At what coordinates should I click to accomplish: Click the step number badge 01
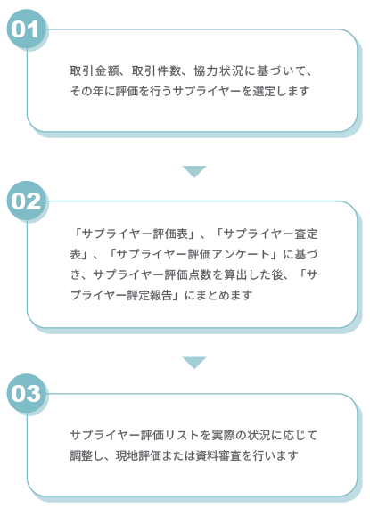coord(26,29)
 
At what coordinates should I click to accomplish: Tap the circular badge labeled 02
coord(26,201)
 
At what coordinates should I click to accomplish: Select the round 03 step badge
coord(26,393)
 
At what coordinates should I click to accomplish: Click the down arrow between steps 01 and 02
coord(194,171)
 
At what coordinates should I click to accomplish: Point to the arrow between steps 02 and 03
coord(194,363)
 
